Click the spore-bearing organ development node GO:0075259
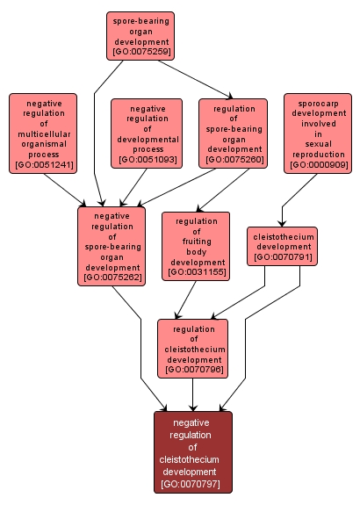[140, 35]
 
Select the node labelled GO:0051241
[43, 133]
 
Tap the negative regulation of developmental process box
[146, 133]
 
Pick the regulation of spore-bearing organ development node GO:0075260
[233, 133]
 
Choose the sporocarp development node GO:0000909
[317, 133]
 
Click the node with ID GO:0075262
[112, 246]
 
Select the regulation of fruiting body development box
[196, 246]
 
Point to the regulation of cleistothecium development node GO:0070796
[192, 348]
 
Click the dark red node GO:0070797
[192, 451]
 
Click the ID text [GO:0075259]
[140, 53]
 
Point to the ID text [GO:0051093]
[146, 160]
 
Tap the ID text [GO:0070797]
[192, 484]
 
